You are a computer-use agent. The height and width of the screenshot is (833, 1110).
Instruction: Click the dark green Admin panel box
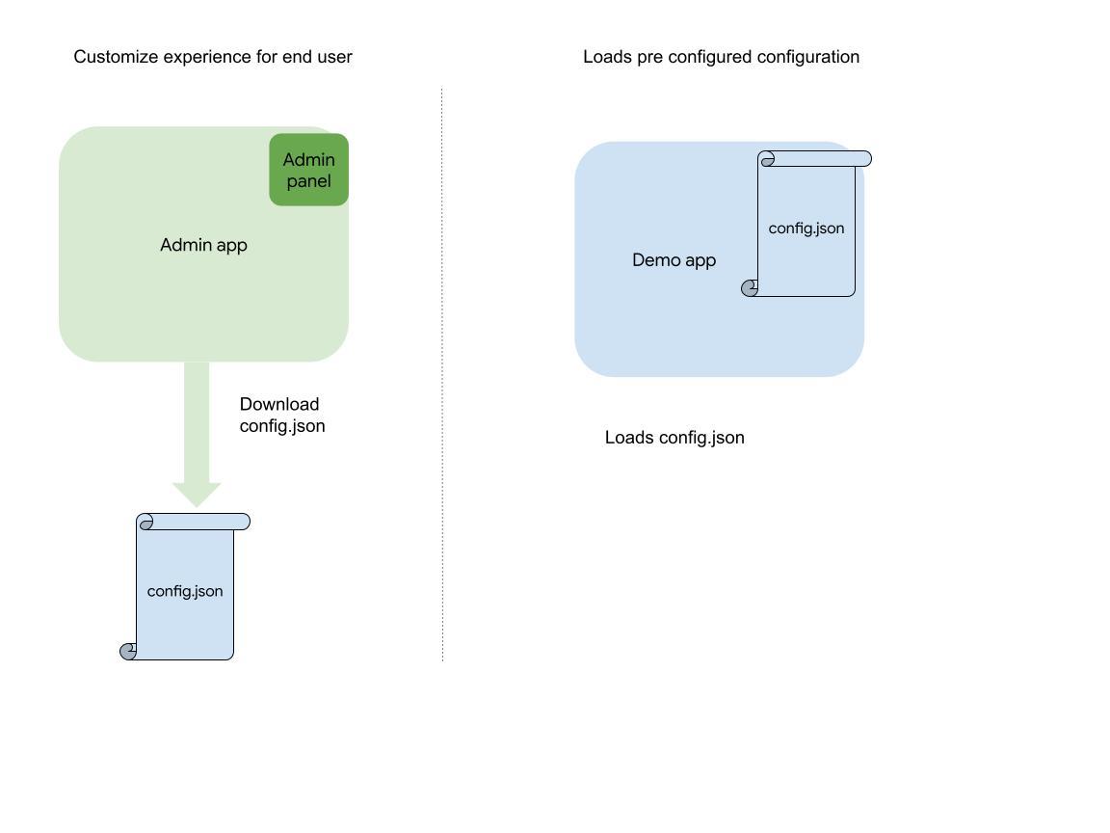[x=308, y=170]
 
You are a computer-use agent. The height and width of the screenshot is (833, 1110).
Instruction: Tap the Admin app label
[x=203, y=245]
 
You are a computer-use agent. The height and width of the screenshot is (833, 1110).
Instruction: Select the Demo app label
[x=674, y=260]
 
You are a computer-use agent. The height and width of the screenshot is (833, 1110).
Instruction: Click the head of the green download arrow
[x=197, y=493]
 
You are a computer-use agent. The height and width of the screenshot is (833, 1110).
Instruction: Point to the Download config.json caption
[x=282, y=415]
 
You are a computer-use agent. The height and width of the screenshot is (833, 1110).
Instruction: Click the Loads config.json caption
[x=674, y=438]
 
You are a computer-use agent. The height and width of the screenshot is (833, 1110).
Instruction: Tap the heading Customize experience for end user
[x=213, y=57]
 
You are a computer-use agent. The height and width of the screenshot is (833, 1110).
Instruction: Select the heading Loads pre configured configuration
[x=721, y=57]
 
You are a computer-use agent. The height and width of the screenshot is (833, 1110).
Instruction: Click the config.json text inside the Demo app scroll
[x=806, y=228]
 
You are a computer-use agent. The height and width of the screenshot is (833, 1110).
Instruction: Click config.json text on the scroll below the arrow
[x=185, y=591]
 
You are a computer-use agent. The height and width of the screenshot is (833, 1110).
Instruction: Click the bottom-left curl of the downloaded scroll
[x=128, y=652]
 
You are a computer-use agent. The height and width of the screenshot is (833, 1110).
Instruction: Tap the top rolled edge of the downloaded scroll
[x=194, y=522]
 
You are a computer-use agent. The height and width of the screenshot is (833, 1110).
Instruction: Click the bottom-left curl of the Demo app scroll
[x=750, y=288]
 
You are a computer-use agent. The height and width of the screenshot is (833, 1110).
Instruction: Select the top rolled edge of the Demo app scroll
[x=815, y=159]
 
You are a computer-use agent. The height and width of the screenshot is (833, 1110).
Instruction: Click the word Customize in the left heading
[x=116, y=57]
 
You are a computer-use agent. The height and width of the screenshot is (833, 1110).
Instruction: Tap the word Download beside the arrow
[x=279, y=404]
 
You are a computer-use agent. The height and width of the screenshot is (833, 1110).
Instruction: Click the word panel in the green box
[x=308, y=181]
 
